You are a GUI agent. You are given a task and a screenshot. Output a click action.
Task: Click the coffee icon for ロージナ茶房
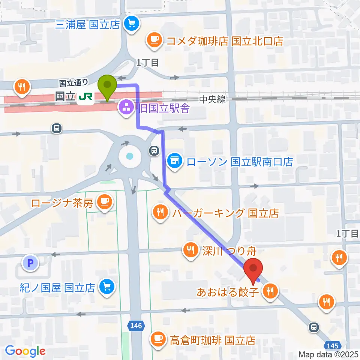(104, 203)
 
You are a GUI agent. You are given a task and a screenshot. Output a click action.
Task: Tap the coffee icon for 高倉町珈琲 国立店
(157, 340)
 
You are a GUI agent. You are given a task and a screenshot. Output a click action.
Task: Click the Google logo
(25, 351)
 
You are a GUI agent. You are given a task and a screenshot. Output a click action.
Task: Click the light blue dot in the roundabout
(129, 156)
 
